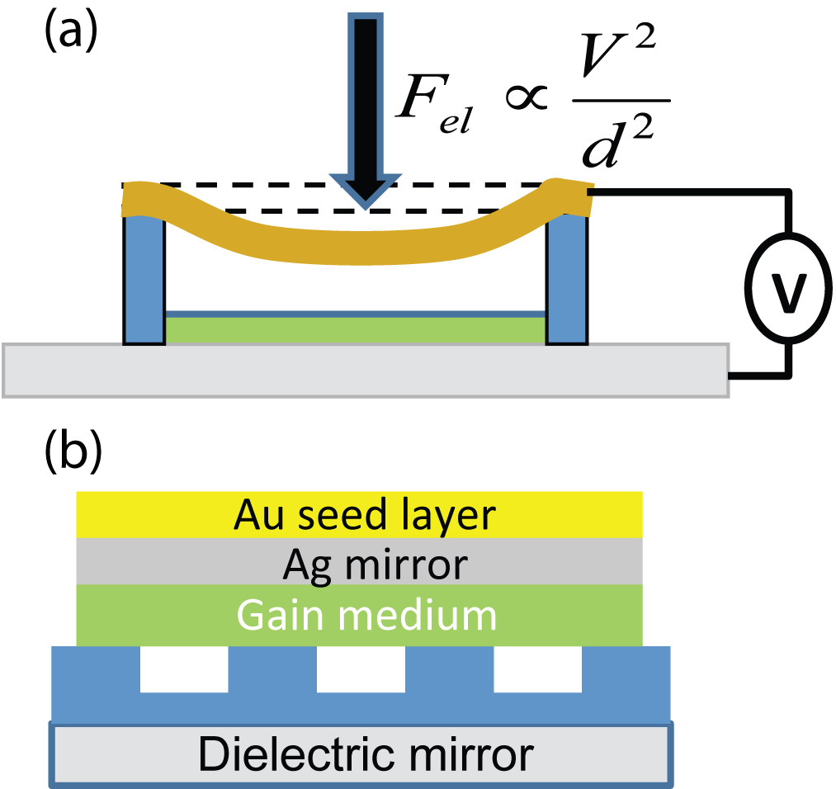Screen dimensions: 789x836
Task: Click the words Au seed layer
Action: point(364,515)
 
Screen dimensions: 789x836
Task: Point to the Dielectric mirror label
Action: point(366,754)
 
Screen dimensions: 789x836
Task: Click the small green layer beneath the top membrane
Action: point(355,329)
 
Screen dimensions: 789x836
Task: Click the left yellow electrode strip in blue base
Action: point(183,685)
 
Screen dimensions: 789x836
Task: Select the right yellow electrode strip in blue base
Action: point(537,685)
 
